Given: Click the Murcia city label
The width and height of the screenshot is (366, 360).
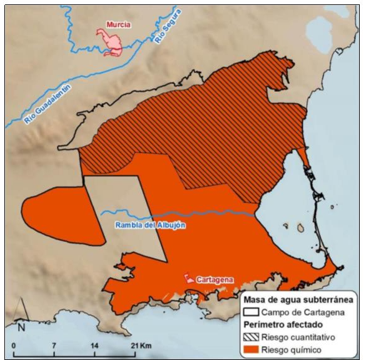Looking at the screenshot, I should click(x=119, y=24).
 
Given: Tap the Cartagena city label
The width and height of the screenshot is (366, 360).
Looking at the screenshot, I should click(x=214, y=279).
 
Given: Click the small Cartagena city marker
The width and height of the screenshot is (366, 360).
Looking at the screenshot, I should click(x=187, y=277).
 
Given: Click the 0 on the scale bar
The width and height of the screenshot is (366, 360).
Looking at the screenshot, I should click(x=14, y=346).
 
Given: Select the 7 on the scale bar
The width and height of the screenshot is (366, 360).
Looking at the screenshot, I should click(x=54, y=346).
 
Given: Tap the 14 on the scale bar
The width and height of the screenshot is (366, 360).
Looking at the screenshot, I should click(x=94, y=346).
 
